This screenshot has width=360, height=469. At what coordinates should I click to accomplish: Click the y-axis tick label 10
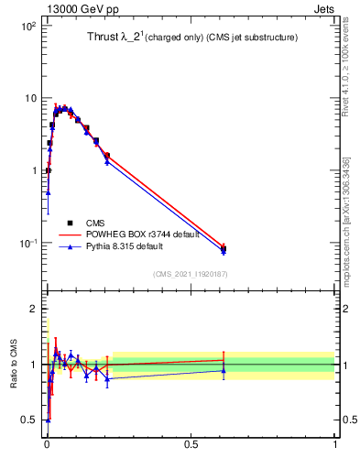coord(28,99)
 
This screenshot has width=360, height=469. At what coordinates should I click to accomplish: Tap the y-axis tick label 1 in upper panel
coord(32,170)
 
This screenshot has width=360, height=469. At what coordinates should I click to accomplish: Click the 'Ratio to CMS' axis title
coord(14,364)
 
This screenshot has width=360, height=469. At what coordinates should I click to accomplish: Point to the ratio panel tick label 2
coord(32,309)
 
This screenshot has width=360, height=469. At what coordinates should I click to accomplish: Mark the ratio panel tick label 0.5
coord(27,420)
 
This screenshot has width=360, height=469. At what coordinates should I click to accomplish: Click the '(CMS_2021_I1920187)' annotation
coord(190,274)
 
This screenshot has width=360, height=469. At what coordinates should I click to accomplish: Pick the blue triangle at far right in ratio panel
coord(223,370)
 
